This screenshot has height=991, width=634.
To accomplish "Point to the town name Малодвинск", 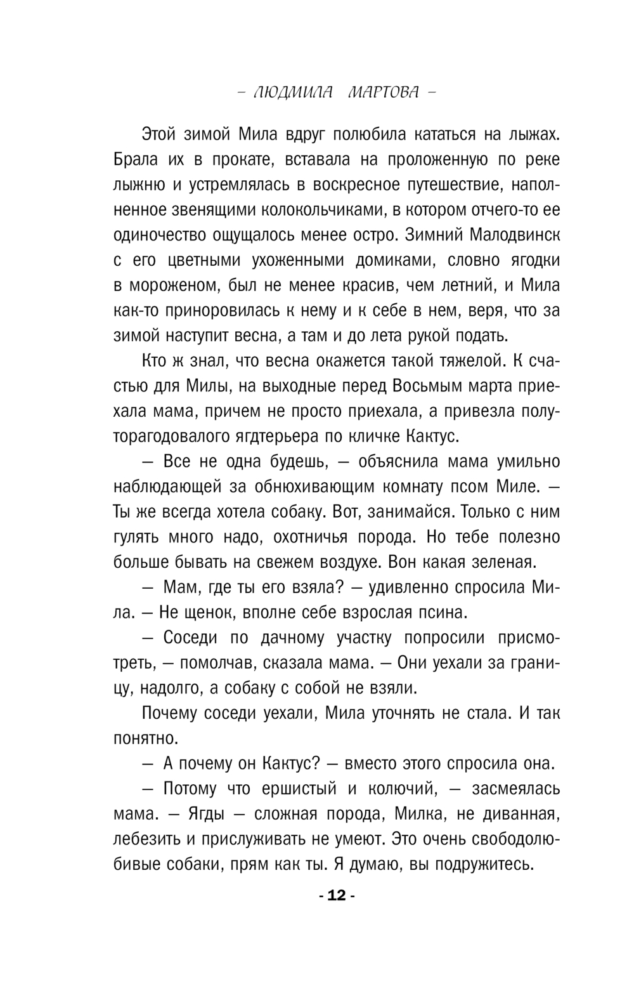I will (x=515, y=235).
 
